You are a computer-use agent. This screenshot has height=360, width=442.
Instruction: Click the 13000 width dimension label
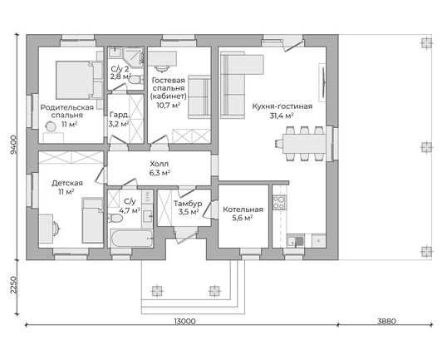[x=185, y=321]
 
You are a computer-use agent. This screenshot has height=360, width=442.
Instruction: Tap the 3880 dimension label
[x=387, y=321]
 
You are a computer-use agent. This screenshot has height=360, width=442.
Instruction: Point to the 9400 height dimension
[x=13, y=145]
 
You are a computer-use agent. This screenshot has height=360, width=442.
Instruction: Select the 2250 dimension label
[x=13, y=284]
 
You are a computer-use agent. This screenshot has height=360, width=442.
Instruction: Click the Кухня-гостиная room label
[x=282, y=106]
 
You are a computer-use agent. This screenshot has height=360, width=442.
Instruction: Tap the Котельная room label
[x=243, y=210]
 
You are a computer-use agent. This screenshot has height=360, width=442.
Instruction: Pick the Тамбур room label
[x=188, y=204]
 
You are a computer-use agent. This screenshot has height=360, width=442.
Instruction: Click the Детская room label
[x=67, y=183]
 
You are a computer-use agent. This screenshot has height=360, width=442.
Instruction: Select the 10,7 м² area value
[x=169, y=106]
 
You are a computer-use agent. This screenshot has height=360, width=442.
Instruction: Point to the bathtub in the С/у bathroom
[x=131, y=238]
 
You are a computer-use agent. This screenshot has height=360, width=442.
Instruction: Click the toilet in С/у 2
[x=135, y=79]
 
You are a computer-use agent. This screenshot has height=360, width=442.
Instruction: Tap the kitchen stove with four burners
[x=279, y=202]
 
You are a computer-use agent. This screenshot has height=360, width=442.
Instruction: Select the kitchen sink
[x=295, y=241]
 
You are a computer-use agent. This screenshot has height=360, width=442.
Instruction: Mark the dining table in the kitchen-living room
[x=304, y=144]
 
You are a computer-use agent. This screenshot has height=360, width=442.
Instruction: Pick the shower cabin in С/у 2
[x=133, y=57]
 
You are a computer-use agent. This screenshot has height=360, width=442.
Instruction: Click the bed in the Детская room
[x=92, y=220]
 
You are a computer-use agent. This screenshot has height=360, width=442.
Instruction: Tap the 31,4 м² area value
[x=282, y=116]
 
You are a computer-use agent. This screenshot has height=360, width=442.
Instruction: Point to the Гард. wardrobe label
[x=120, y=115]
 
